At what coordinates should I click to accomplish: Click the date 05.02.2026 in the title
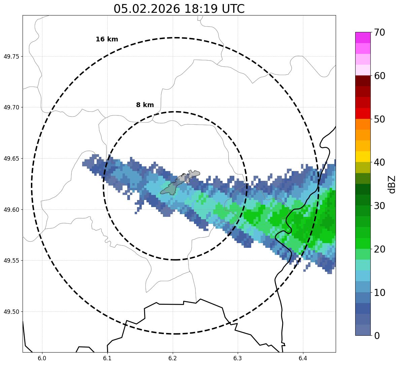coord(146,9)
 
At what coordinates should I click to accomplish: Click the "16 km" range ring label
coord(107,39)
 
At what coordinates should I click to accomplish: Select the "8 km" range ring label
coord(145,105)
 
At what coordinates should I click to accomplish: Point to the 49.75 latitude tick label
coord(11,56)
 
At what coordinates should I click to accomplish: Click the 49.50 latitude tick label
coord(11,312)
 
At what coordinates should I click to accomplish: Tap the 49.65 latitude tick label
coord(11,159)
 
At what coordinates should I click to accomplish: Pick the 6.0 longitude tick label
coord(42,358)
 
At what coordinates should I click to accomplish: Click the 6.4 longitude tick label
coord(303,358)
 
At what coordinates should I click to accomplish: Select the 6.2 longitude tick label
coord(172,358)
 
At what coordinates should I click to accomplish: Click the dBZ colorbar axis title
coord(392,184)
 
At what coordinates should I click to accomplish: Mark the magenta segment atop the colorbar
coord(363,37)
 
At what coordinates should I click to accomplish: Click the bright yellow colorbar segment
coord(363,157)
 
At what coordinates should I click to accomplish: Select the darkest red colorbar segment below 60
coord(363,81)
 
